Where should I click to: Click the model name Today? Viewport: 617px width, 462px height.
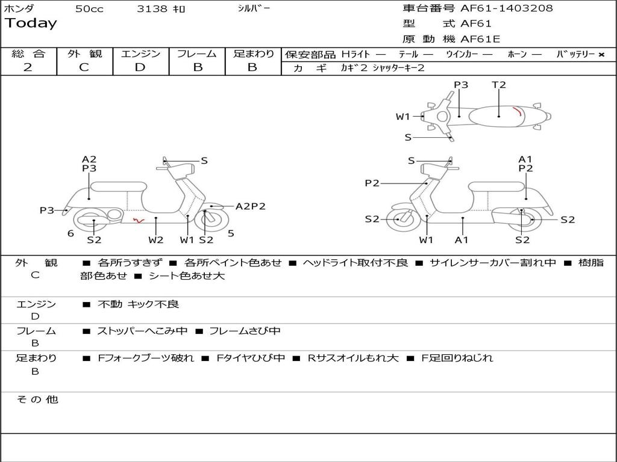(x=31, y=23)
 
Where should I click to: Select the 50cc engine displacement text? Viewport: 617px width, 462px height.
(x=89, y=9)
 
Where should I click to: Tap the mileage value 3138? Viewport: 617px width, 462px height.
(x=152, y=9)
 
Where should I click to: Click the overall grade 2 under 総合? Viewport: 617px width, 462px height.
(x=28, y=67)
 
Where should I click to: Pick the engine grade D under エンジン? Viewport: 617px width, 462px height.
(x=140, y=67)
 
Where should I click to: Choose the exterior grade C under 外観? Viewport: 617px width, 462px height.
(x=84, y=67)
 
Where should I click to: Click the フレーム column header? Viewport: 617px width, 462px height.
(x=196, y=54)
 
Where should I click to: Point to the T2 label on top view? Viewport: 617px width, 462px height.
(x=499, y=85)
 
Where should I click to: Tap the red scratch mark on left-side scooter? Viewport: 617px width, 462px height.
(x=138, y=221)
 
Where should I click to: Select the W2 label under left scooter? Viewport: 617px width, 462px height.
(x=156, y=240)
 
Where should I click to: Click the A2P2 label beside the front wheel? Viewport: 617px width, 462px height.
(x=250, y=206)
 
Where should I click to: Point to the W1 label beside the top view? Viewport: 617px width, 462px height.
(x=402, y=117)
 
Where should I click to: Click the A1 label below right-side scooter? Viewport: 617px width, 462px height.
(x=462, y=240)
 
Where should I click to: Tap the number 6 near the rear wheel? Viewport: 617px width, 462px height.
(x=70, y=233)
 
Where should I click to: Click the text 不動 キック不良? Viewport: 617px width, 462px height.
(x=138, y=304)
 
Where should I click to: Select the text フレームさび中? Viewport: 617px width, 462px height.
(x=245, y=331)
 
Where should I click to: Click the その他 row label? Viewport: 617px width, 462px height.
(x=37, y=399)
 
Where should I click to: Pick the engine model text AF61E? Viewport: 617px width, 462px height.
(x=480, y=39)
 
